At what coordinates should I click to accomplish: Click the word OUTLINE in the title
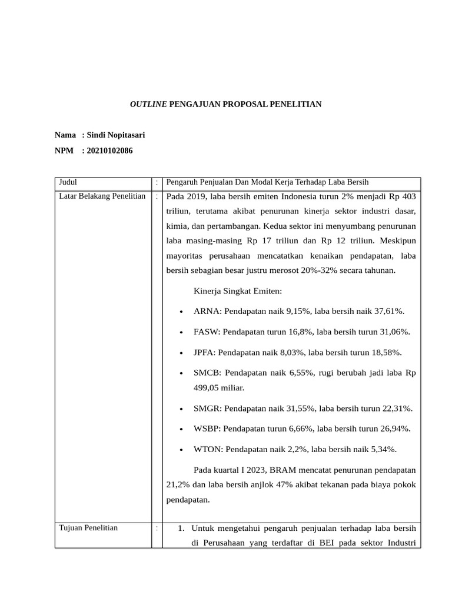[x=148, y=105]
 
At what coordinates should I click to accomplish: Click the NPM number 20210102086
[x=109, y=150]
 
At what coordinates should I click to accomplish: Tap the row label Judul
[x=68, y=182]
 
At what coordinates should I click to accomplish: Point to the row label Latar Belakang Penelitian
[x=102, y=196]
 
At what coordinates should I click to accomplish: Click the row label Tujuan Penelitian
[x=88, y=527]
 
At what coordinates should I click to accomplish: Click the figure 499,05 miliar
[x=218, y=387]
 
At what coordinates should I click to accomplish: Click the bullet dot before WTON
[x=182, y=450]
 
